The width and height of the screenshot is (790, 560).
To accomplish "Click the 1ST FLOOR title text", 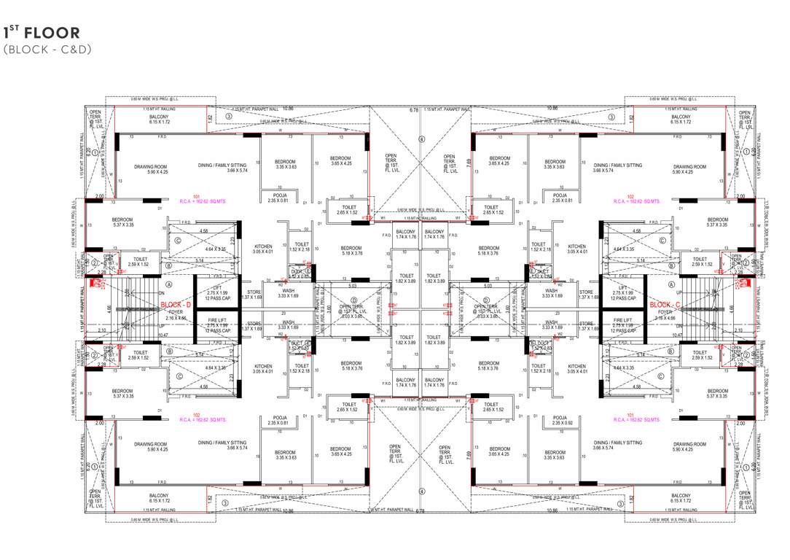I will pos(42,32).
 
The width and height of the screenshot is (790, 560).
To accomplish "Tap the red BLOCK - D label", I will pos(175,305).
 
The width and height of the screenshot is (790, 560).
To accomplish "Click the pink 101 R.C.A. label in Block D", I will pos(195,198).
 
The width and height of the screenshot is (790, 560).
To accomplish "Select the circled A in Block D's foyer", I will pos(168,285).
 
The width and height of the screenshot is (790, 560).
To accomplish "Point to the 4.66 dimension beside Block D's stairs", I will pos(110,308).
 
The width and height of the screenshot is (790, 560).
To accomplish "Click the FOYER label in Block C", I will pos(665,313).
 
